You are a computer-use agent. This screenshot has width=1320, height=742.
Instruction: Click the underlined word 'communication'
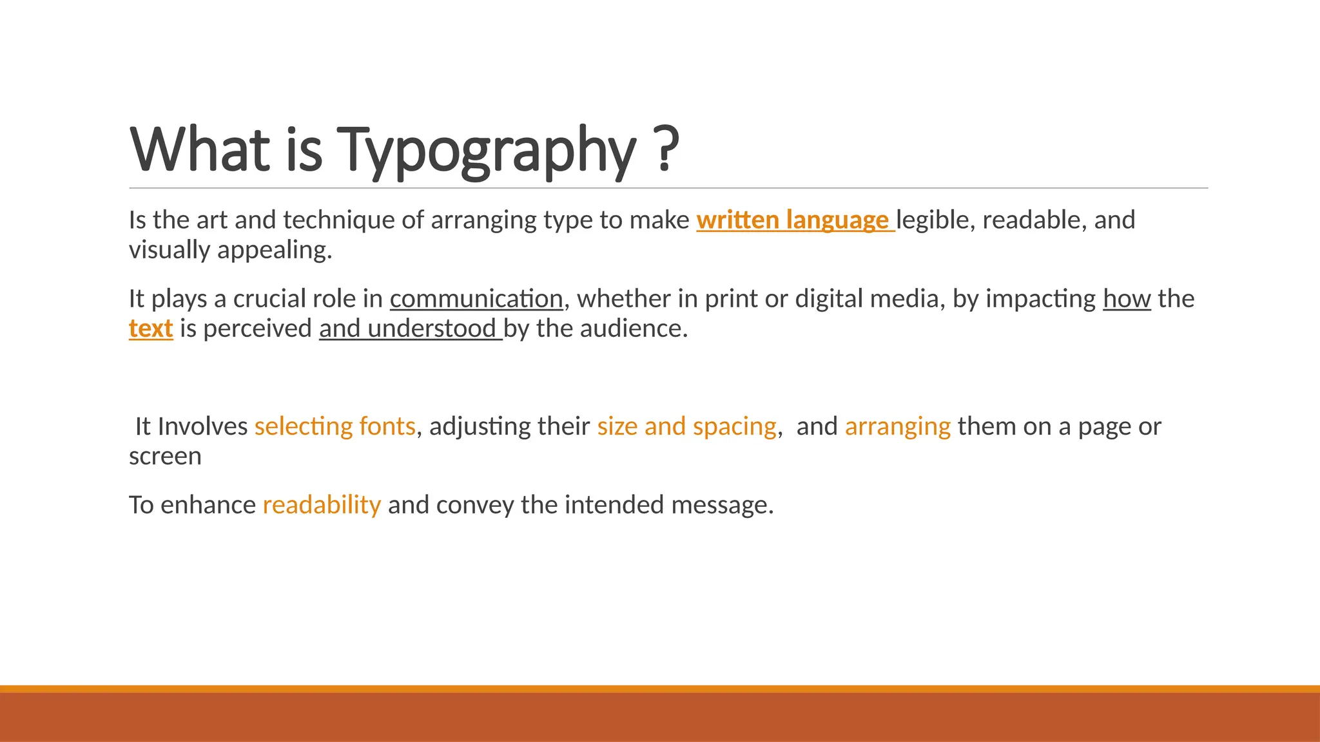(476, 299)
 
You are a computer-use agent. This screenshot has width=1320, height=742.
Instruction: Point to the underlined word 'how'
(1127, 299)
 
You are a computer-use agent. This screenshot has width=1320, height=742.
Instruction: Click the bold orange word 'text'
(151, 328)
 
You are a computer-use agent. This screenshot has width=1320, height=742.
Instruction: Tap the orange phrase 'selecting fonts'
(335, 426)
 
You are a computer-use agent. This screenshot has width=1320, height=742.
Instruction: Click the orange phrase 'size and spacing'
(686, 426)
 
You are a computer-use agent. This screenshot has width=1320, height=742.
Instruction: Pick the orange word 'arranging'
(897, 426)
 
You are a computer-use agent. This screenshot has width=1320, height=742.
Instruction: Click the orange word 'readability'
(322, 505)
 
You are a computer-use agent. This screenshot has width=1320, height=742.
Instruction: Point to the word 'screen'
(165, 457)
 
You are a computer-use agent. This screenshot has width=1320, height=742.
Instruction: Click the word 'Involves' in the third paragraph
(203, 426)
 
